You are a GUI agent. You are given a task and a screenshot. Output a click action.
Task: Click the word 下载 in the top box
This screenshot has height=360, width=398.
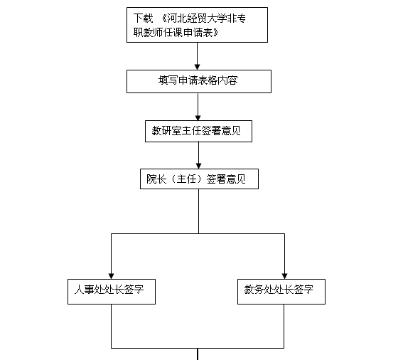(x=144, y=18)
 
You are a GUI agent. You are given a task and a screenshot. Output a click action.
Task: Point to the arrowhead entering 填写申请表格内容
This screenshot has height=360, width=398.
(x=198, y=67)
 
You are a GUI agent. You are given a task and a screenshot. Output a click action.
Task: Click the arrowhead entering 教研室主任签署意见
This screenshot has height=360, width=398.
(x=198, y=117)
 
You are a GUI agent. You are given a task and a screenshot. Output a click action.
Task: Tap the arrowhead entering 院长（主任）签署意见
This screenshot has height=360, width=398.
(x=199, y=166)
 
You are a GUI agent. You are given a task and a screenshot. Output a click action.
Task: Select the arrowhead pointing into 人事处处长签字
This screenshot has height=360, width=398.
(x=111, y=276)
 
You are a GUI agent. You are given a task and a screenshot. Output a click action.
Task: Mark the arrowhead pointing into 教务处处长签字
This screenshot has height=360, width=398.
(x=284, y=276)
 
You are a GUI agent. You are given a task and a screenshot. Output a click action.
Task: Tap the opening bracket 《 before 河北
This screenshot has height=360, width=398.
(x=163, y=18)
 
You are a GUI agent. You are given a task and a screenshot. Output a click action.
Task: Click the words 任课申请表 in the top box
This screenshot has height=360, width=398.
(x=188, y=33)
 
